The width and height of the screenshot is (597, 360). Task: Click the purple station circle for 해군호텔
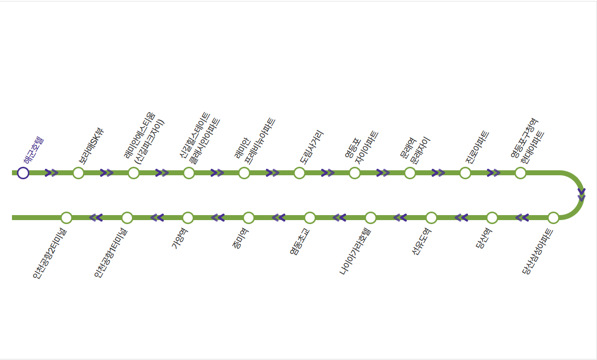[x=23, y=173]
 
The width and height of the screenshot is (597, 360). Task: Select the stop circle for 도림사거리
[x=299, y=173]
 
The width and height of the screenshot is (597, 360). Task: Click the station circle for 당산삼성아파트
[x=553, y=218]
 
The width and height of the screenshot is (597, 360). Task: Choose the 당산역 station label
[x=484, y=238]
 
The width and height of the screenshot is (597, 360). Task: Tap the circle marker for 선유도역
[x=431, y=218]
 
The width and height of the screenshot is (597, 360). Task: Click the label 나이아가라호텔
[x=355, y=251]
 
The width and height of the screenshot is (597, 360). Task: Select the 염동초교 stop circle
[x=310, y=218]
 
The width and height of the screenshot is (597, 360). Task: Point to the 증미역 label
[x=240, y=238]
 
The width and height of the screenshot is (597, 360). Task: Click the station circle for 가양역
[x=188, y=218]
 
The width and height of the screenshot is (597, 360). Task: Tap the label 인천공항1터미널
[x=111, y=253]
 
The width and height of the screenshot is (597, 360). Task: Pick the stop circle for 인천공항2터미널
[x=66, y=218]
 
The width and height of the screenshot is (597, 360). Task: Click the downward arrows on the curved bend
[x=582, y=195]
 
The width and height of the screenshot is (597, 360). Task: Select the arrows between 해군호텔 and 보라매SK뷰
[x=51, y=173]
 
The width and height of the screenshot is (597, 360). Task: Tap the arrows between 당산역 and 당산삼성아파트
[x=522, y=218]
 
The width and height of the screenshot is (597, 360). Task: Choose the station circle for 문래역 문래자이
[x=410, y=173]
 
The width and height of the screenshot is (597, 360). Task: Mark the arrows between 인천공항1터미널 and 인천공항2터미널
[x=96, y=218]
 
